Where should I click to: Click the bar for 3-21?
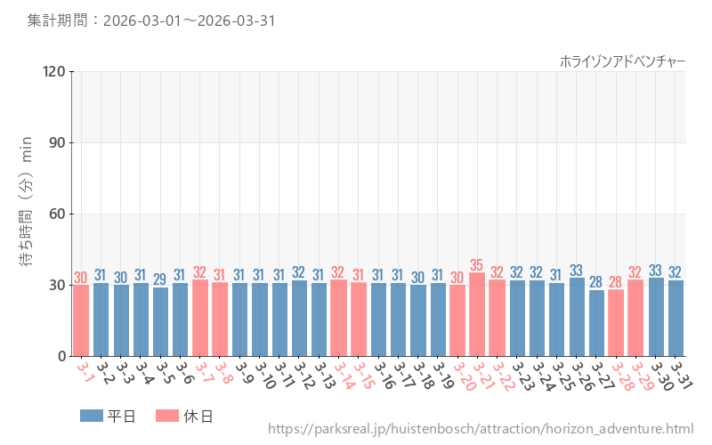[477, 314]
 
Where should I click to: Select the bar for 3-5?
[160, 321]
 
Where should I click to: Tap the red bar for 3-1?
[81, 320]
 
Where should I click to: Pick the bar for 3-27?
[596, 323]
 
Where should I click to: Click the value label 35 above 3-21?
[477, 264]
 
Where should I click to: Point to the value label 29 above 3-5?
[160, 279]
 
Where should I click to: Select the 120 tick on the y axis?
[54, 71]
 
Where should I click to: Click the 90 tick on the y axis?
[58, 142]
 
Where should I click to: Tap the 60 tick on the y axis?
[58, 214]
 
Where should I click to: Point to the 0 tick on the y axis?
[61, 357]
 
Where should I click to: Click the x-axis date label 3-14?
[344, 376]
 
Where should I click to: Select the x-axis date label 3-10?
[265, 376]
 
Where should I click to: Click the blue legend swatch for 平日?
[92, 416]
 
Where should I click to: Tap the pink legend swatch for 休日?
[167, 416]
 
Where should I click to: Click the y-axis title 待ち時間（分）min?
[26, 201]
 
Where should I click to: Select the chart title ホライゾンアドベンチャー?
[622, 61]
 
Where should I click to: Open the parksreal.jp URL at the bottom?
[481, 429]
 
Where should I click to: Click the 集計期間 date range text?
[151, 20]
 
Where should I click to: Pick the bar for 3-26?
[577, 317]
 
